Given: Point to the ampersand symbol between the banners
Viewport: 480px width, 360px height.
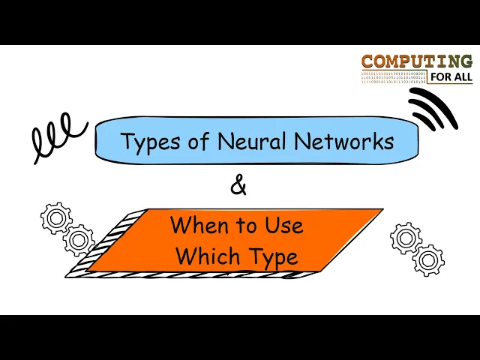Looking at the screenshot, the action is [x=238, y=185].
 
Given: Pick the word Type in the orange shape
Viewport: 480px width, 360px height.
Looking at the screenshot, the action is [x=272, y=257].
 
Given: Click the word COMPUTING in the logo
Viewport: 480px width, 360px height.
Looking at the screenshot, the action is [x=416, y=61].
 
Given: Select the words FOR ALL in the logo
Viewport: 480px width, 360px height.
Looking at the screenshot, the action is [x=451, y=76].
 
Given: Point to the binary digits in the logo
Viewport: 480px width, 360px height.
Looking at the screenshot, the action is [x=393, y=76].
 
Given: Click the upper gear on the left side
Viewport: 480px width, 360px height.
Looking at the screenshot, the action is [x=56, y=218].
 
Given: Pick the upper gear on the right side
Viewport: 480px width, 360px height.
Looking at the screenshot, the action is [x=406, y=238].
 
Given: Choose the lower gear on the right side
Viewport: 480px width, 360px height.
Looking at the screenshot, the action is [x=428, y=259].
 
